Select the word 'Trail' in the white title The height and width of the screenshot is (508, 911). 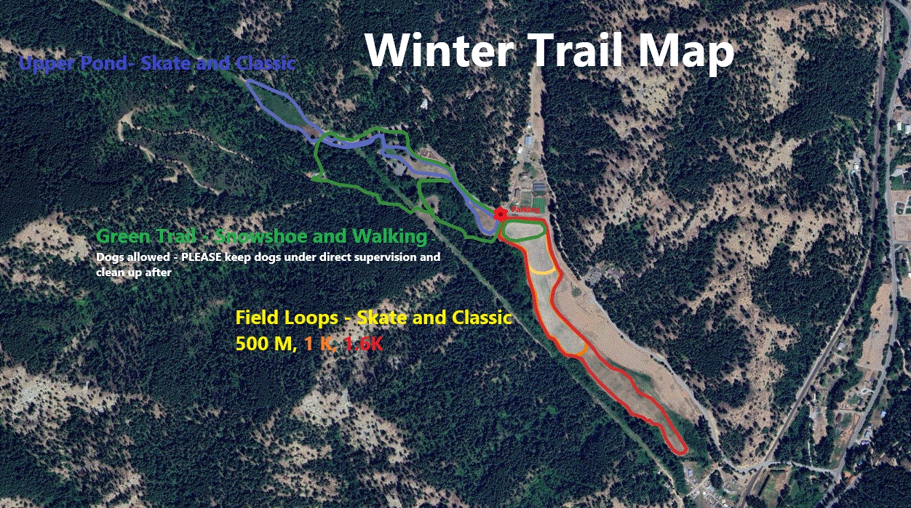(562, 51)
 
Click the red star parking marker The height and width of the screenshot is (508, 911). (501, 213)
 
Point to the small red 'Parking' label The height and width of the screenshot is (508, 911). (524, 209)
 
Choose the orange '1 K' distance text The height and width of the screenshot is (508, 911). (319, 344)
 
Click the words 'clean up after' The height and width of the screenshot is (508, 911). (133, 273)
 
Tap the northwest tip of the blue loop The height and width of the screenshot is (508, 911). (249, 81)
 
